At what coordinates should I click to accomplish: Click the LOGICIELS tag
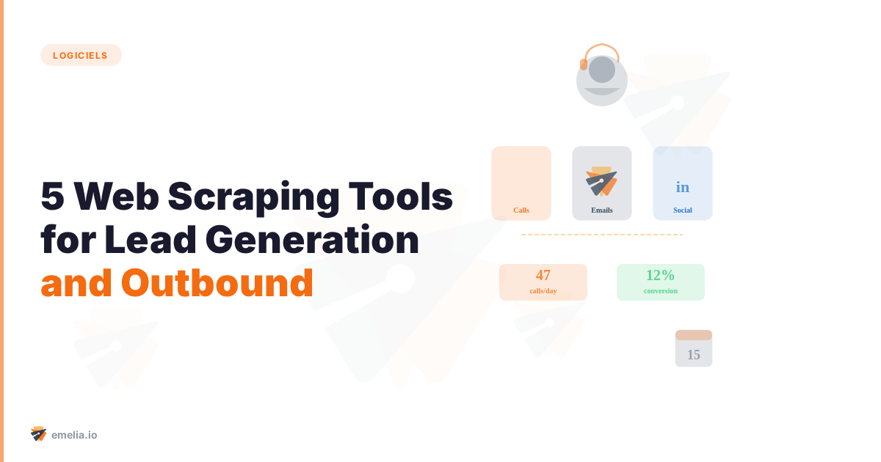click(81, 55)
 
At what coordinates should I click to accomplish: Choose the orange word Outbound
click(217, 282)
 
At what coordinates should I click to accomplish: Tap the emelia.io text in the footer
click(74, 435)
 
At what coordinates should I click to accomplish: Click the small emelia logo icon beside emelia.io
click(38, 434)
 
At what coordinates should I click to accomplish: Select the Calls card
click(521, 183)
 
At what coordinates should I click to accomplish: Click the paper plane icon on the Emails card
click(601, 181)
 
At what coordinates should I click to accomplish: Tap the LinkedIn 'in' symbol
click(683, 187)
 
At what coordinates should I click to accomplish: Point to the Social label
click(683, 210)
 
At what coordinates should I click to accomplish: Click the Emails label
click(602, 210)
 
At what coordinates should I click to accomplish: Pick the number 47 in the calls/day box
click(543, 276)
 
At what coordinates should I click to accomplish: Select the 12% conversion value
click(660, 276)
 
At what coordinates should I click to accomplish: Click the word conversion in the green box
click(661, 291)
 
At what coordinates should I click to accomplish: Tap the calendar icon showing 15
click(694, 349)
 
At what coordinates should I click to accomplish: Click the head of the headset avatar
click(602, 70)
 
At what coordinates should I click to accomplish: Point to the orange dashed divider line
click(602, 235)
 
